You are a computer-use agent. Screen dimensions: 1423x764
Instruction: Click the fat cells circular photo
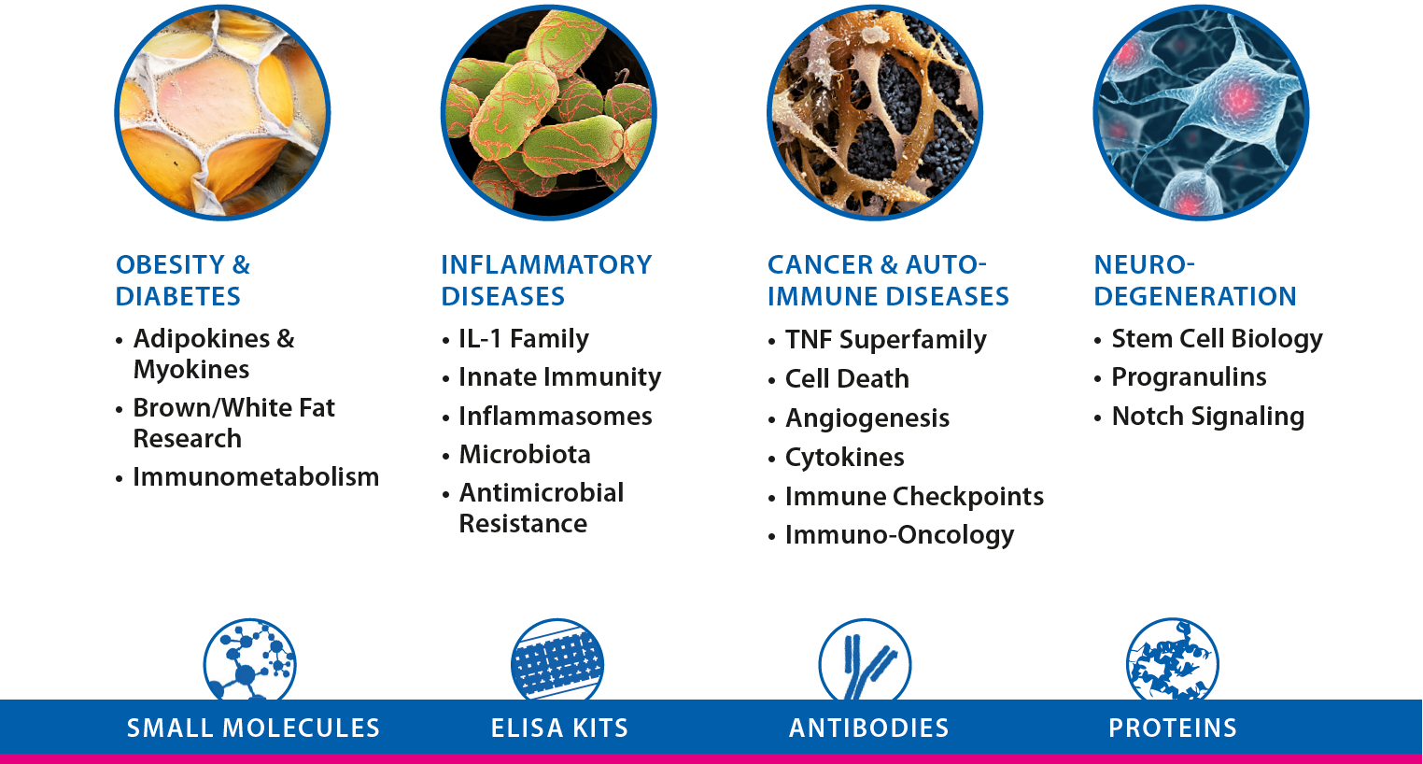222,112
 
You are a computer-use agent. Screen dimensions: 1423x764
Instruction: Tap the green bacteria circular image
549,112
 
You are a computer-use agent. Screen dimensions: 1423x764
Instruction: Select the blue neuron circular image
1202,112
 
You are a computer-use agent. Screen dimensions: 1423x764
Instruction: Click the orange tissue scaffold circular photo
875,112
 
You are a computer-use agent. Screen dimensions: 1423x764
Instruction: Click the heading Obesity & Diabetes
183,280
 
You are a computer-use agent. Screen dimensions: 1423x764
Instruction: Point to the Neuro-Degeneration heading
1195,280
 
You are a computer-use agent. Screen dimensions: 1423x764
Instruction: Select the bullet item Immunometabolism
256,476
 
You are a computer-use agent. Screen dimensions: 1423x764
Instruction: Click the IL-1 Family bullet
524,339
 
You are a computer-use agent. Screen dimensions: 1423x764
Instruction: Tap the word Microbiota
525,455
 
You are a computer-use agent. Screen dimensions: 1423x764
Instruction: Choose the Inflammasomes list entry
556,417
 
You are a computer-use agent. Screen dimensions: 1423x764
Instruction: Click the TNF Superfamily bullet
885,339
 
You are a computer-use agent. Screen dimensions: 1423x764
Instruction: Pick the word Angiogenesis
867,418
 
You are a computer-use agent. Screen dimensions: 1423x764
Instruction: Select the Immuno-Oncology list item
899,535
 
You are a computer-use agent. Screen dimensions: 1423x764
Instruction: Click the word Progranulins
1189,377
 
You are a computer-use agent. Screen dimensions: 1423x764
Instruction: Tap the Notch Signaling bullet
1207,417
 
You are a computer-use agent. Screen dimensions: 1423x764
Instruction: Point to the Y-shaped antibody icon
865,661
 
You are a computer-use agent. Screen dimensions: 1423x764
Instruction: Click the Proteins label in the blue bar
1173,728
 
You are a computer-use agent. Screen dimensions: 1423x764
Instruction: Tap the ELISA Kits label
559,728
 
